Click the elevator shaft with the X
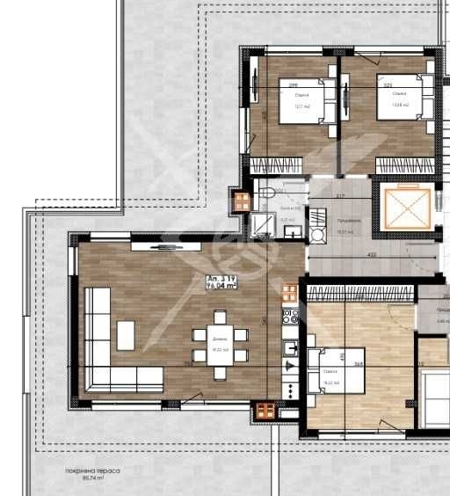tap(406, 207)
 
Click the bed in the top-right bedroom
tap(402, 98)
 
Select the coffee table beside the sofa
tap(127, 334)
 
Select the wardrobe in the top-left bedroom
tap(277, 164)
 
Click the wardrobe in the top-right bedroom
tap(405, 164)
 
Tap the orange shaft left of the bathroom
tap(241, 201)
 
